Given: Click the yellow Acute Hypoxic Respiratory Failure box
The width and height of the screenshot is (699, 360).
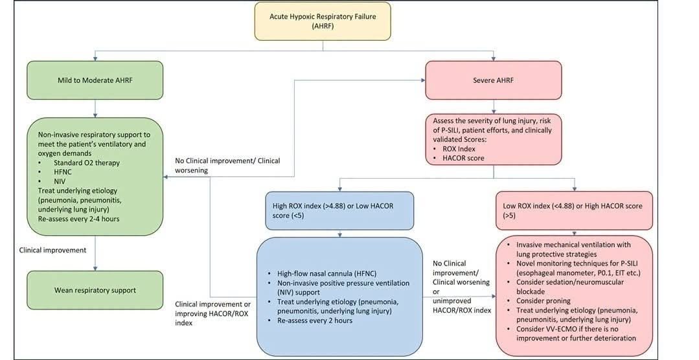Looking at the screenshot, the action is pyautogui.click(x=323, y=21).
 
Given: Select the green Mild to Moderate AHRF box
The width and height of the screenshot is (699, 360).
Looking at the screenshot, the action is pyautogui.click(x=95, y=80).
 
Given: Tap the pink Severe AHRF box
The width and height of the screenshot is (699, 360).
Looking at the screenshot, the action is pyautogui.click(x=494, y=80).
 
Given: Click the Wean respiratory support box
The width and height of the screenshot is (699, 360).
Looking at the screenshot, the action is pyautogui.click(x=95, y=290).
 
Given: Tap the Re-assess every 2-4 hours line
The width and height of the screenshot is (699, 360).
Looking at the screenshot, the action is pyautogui.click(x=79, y=219).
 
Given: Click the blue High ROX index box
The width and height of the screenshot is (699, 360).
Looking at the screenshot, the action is pyautogui.click(x=339, y=210).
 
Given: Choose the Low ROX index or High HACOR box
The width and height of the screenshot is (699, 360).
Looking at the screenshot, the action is pyautogui.click(x=574, y=210).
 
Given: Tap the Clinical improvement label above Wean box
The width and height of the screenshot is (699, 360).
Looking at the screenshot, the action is pyautogui.click(x=52, y=250).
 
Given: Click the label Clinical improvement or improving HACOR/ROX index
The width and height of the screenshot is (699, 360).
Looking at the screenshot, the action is pyautogui.click(x=212, y=313).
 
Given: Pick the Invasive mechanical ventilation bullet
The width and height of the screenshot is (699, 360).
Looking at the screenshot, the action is pyautogui.click(x=574, y=249).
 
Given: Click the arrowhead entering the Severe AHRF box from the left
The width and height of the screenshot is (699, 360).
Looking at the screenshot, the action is pyautogui.click(x=422, y=80).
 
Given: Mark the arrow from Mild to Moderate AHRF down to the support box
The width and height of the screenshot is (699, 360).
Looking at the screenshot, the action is pyautogui.click(x=95, y=108).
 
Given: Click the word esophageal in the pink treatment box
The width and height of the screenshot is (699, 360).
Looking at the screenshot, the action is pyautogui.click(x=535, y=273).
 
